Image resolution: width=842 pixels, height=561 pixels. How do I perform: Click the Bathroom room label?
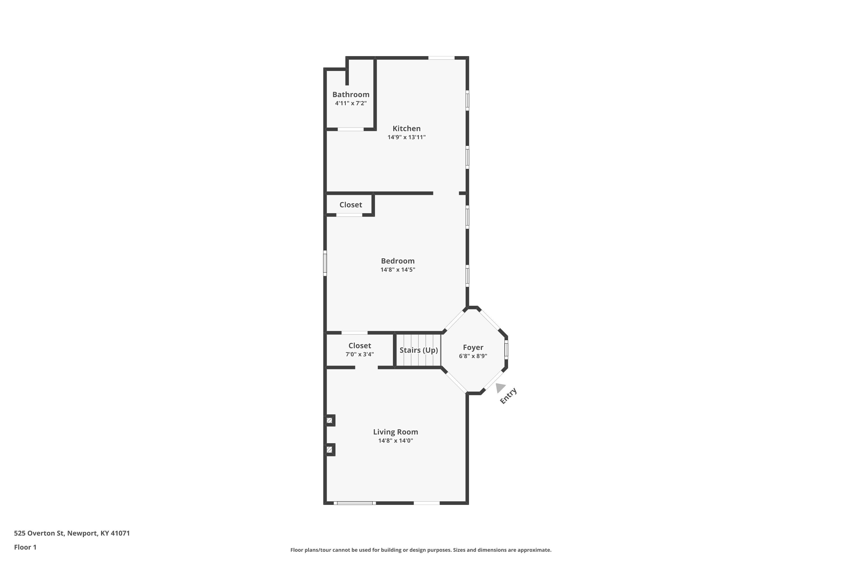(x=351, y=95)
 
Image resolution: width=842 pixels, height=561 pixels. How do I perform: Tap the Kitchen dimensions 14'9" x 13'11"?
(x=406, y=137)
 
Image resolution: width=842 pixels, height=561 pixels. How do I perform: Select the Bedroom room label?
(x=398, y=261)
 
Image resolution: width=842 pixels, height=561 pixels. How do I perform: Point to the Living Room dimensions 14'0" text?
(x=407, y=440)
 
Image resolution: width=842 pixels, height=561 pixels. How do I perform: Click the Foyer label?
(x=473, y=348)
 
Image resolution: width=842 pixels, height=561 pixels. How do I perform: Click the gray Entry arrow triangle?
(x=500, y=387)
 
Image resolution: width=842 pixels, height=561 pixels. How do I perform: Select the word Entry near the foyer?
(x=508, y=396)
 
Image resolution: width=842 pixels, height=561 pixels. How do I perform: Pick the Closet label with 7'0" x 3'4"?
(x=360, y=346)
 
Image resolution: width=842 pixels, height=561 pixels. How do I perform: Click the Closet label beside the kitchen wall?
(x=351, y=205)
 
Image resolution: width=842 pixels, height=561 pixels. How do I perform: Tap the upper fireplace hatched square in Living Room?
(x=330, y=420)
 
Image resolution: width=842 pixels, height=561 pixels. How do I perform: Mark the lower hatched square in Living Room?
(x=330, y=450)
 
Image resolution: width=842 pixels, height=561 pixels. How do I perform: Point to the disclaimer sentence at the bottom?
(x=421, y=550)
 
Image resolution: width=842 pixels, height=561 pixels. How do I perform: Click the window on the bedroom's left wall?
(x=325, y=263)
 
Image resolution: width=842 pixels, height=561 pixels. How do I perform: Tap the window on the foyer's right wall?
(x=506, y=349)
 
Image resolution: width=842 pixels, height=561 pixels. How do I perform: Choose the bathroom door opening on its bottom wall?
(x=351, y=129)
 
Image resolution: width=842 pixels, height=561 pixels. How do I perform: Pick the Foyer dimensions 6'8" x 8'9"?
(x=473, y=356)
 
